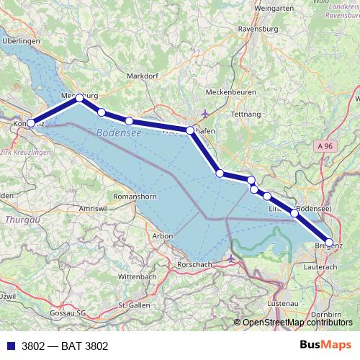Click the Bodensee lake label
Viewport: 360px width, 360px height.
coord(118,134)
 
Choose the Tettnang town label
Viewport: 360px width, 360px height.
coord(245,114)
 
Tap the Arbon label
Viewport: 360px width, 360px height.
coord(163,235)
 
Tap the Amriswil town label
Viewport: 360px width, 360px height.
coord(93,207)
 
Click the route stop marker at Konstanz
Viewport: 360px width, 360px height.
coord(30,123)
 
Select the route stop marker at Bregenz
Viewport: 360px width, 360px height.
coord(329,243)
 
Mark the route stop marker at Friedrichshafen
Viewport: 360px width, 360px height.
coord(190,130)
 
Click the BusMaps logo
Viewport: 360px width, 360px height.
coord(326,345)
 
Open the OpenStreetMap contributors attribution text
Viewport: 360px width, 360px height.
coord(297,323)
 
